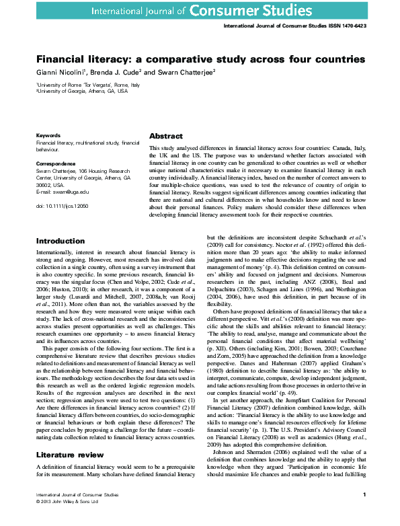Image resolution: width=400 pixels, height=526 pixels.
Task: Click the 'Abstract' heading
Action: point(165,136)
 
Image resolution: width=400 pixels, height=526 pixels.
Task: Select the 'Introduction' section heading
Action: point(61,240)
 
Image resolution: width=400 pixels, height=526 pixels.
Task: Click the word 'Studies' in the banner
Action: point(339,10)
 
